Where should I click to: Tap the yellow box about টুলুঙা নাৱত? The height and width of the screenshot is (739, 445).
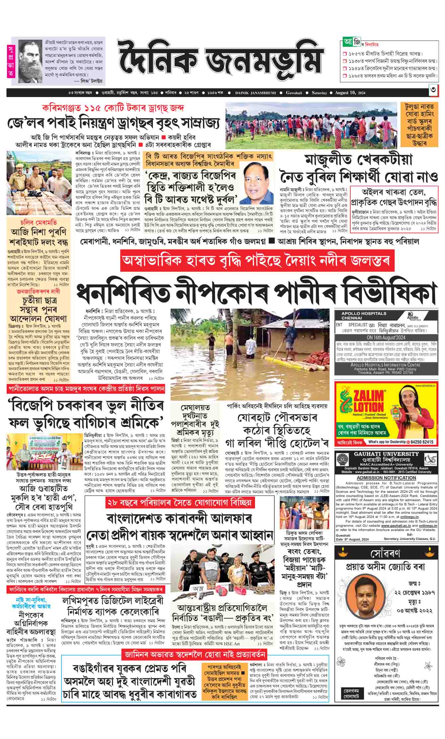419,125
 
